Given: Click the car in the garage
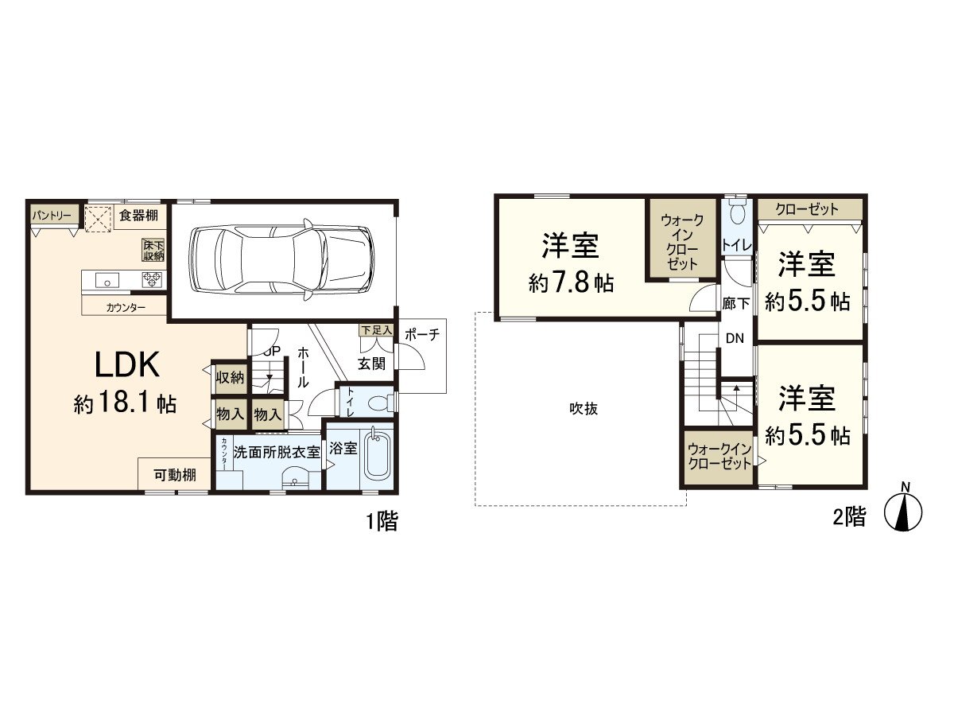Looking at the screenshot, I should (281, 259).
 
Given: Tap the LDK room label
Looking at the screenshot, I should (129, 364).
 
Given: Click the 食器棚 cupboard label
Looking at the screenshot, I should (138, 214).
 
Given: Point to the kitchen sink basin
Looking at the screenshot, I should (107, 279).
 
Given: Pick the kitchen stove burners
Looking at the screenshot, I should (152, 279).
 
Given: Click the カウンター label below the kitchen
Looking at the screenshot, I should (126, 307).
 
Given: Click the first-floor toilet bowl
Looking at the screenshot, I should (380, 403).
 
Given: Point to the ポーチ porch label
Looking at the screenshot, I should (421, 335).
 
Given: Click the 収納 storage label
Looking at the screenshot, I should (231, 378).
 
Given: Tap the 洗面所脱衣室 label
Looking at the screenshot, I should (276, 450).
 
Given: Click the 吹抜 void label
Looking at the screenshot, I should (583, 409).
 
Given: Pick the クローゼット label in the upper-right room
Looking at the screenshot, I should (807, 210).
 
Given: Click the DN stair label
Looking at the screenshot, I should (735, 338).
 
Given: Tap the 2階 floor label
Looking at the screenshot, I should (849, 517).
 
